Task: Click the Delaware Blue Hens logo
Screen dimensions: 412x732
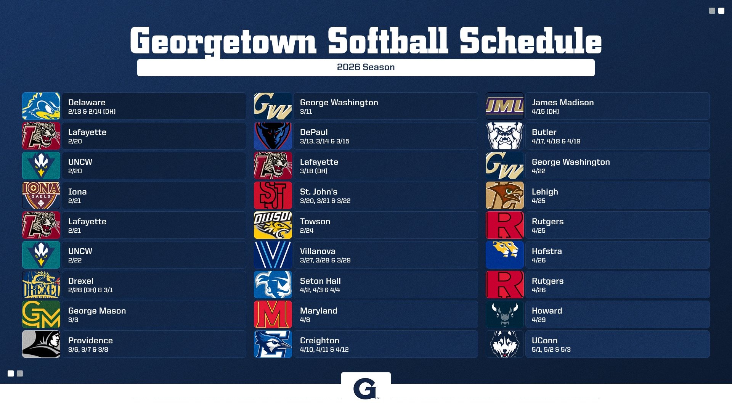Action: (41, 106)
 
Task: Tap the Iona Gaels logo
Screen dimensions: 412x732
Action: (41, 195)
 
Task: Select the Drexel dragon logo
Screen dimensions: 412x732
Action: (41, 285)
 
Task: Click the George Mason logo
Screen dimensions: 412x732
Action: (41, 314)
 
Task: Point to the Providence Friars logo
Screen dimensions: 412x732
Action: (41, 344)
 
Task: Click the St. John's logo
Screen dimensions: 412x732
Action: (273, 195)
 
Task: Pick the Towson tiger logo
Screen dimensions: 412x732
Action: (273, 225)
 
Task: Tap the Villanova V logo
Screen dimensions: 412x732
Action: (273, 255)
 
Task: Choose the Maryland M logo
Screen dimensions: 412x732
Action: (273, 314)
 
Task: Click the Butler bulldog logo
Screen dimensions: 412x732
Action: (505, 136)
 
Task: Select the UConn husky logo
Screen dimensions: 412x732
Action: (505, 344)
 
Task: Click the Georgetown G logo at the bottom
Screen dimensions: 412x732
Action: (365, 389)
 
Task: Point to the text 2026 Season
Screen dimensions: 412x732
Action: (366, 68)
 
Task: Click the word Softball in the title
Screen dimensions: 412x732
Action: (388, 41)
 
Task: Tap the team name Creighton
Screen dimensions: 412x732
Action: (319, 340)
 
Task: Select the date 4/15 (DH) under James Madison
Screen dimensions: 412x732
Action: (545, 112)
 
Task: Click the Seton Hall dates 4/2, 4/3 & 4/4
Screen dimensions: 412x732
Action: (320, 290)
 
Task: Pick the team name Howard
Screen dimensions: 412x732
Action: (547, 311)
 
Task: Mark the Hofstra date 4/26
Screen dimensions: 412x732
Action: (538, 261)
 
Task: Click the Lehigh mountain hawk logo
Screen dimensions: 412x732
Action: (505, 195)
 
